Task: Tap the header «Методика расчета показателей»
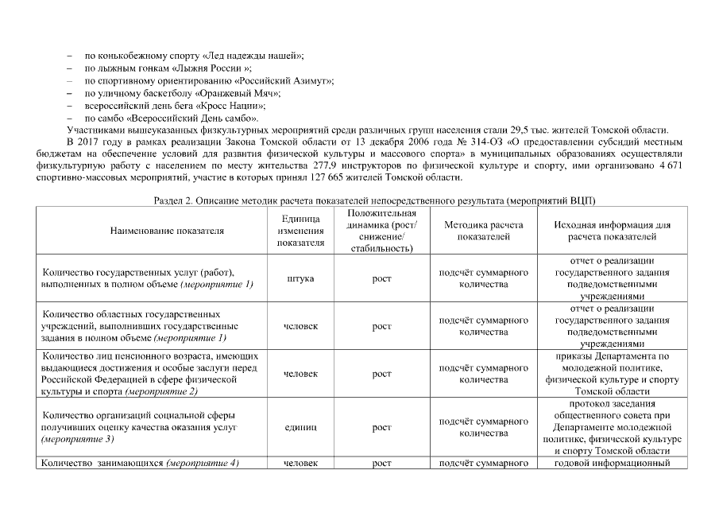(484, 231)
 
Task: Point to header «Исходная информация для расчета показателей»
(612, 231)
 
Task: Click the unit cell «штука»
(300, 278)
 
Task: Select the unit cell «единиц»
(300, 427)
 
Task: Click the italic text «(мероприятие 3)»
(78, 439)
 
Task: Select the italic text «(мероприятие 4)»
(202, 463)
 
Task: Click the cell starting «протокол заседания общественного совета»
(612, 427)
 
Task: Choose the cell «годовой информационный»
(612, 463)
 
